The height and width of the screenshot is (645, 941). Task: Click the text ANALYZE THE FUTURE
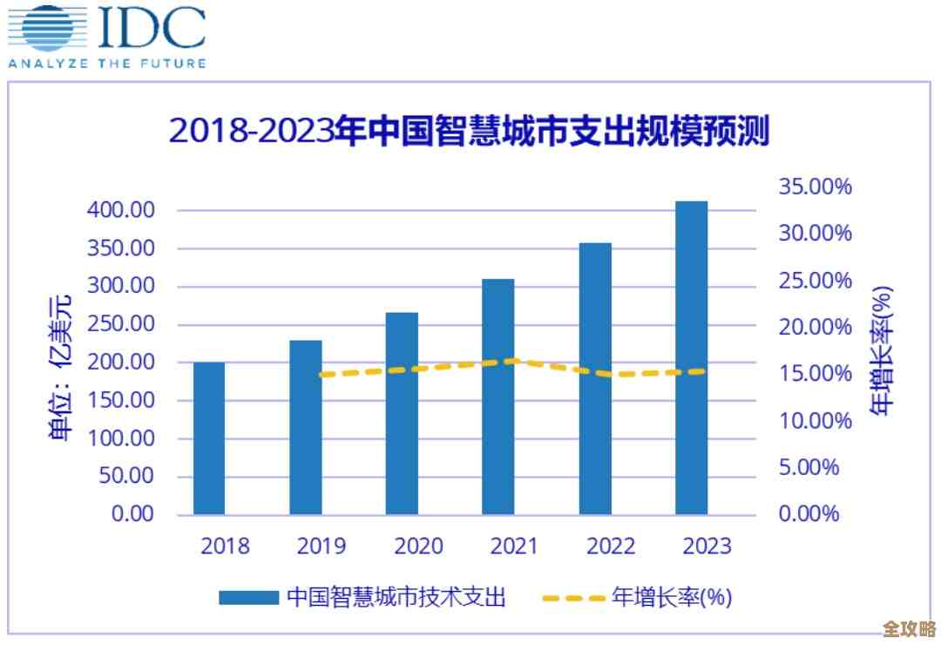[107, 63]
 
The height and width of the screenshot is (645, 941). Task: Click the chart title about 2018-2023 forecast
[470, 132]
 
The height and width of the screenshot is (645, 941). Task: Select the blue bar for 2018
[209, 438]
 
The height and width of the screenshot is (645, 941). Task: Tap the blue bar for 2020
[402, 413]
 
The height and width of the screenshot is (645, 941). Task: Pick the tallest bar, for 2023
[692, 357]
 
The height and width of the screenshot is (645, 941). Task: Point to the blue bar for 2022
[595, 378]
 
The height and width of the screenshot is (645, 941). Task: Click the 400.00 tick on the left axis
[121, 210]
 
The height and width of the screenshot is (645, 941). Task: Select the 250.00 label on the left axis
[121, 324]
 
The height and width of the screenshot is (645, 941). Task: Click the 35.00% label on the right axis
[815, 187]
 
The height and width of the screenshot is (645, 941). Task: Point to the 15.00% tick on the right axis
[815, 374]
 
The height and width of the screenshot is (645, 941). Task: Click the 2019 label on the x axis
[321, 547]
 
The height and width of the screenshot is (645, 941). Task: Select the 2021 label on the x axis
[514, 547]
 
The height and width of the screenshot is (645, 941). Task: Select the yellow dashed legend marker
[572, 598]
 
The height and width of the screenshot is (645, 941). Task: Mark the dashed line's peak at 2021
[514, 361]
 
